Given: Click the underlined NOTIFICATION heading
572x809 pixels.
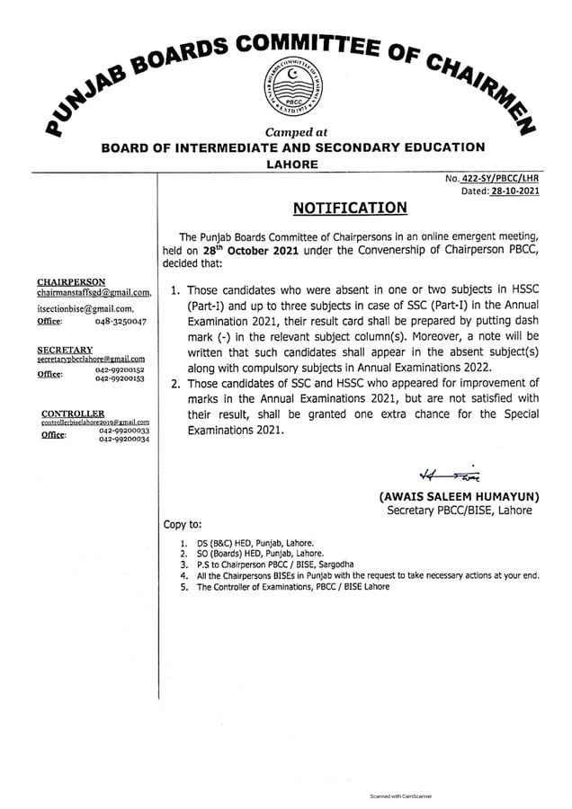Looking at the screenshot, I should coord(350,209).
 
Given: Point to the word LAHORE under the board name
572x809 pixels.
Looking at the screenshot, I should coord(293,164).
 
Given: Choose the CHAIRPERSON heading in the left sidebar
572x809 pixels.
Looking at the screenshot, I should coord(71,281).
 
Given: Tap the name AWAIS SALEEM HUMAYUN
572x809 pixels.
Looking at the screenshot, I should coord(458,495).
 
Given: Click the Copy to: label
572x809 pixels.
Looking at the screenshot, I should coord(183,524).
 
